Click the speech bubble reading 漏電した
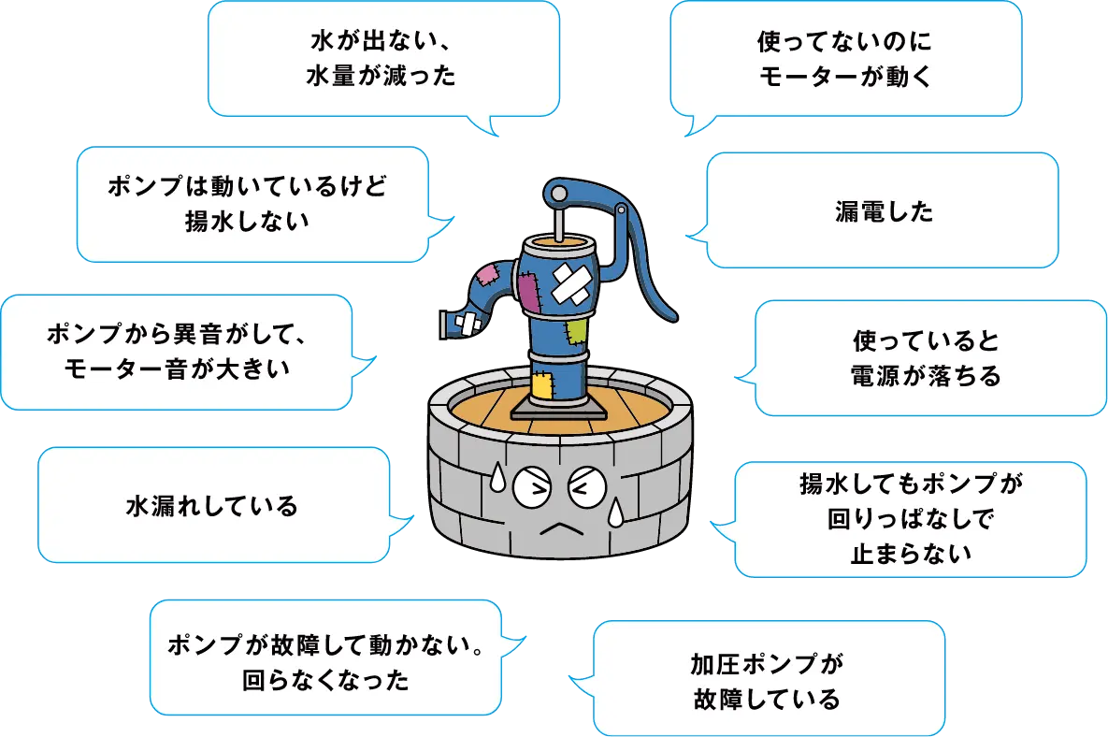(882, 212)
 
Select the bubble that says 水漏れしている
(212, 506)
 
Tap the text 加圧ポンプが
(767, 664)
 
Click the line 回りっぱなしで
(909, 517)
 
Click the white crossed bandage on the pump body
(568, 282)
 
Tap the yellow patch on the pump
(543, 385)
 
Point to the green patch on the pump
(576, 330)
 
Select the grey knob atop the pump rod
(557, 194)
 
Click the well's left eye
(528, 485)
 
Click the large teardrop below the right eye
(616, 512)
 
